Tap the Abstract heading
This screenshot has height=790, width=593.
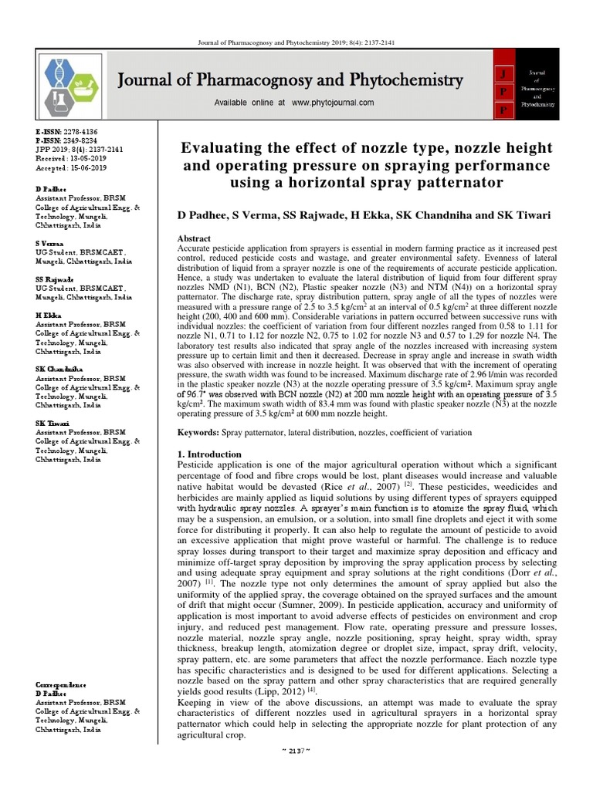(194, 240)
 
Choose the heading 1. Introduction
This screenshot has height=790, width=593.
(209, 454)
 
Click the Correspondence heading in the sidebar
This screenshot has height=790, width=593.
(64, 685)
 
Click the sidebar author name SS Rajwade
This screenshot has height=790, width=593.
(55, 279)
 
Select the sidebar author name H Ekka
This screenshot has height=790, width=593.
(49, 316)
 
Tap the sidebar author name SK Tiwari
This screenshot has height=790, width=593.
(53, 424)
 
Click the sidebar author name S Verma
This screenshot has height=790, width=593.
(50, 242)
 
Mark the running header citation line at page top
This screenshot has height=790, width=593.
(296, 44)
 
